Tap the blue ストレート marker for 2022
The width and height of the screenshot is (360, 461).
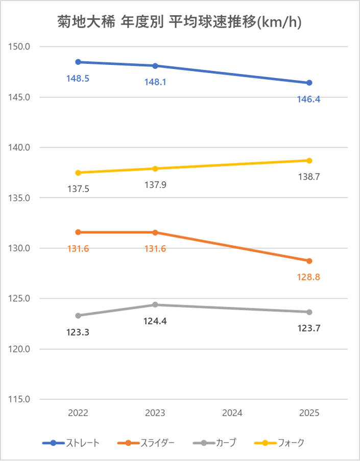point(78,62)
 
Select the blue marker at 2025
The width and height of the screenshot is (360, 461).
point(309,83)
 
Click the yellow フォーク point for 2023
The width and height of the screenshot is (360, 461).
point(155,168)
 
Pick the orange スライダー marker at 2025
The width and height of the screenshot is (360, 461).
point(309,261)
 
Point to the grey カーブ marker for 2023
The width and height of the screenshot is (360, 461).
point(155,305)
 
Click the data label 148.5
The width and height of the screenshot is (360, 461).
point(78,79)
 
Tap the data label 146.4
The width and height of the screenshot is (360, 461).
point(309,100)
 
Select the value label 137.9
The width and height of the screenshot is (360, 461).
point(155,185)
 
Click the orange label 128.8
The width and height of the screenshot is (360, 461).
point(309,278)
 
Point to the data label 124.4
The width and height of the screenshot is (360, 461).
point(155,322)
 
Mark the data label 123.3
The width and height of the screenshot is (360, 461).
point(78,332)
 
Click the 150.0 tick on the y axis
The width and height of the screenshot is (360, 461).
point(20,47)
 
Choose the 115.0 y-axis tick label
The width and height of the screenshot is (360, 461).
point(20,399)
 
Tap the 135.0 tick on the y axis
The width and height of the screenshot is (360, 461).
point(20,198)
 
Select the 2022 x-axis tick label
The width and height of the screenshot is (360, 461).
point(78,413)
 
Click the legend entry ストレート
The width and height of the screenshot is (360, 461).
point(82,443)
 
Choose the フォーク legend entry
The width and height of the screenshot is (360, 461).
point(292,443)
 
